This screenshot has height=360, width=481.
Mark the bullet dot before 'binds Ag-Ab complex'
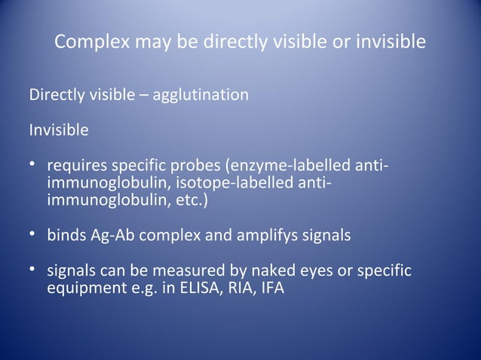coord(33,235)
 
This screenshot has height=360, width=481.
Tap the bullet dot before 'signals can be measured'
coord(33,270)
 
